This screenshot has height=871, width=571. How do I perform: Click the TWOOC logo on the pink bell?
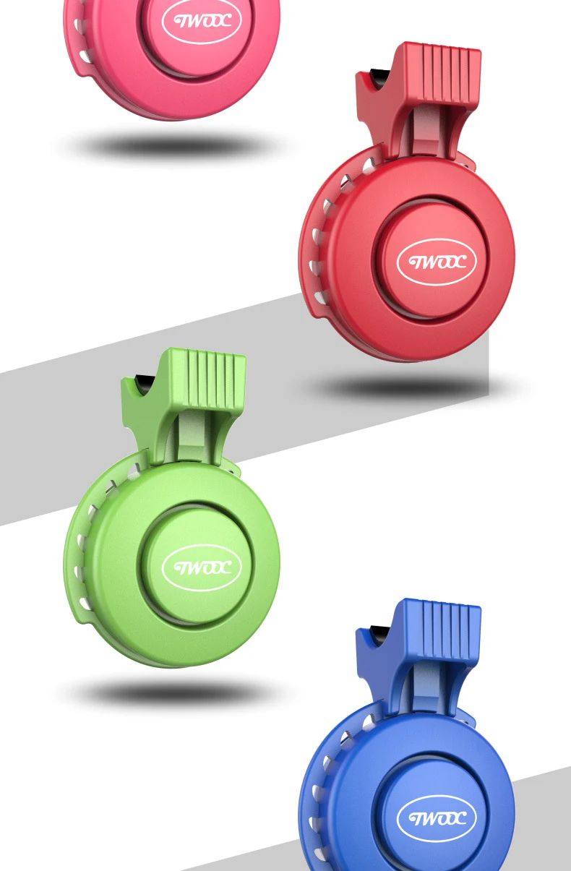[x=202, y=21]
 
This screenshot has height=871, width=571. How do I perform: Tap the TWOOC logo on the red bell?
[x=437, y=262]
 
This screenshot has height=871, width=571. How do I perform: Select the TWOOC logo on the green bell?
[x=202, y=567]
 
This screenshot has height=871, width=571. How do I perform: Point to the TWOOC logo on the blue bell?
[x=437, y=818]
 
